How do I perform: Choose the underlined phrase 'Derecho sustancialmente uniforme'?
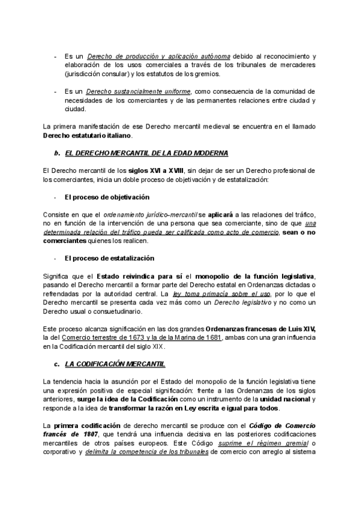coord(139,92)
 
